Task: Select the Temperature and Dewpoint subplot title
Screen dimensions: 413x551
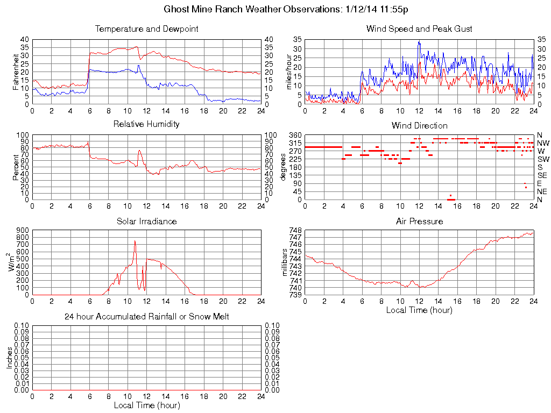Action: pos(146,29)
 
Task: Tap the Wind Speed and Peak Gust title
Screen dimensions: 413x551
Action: pos(419,29)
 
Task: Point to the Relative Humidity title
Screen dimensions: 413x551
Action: pos(146,124)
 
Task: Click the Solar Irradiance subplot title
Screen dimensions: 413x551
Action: pos(146,221)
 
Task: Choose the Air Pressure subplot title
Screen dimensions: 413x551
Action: pos(419,221)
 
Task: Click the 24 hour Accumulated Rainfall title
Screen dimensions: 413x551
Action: pos(146,317)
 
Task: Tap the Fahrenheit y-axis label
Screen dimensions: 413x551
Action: pos(16,71)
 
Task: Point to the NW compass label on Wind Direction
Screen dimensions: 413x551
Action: pos(543,143)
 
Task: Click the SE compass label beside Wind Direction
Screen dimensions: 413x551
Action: pos(542,175)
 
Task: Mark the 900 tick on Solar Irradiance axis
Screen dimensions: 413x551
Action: pos(22,231)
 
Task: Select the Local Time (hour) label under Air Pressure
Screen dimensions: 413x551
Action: pos(419,310)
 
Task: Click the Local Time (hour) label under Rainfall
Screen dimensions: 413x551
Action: pos(146,405)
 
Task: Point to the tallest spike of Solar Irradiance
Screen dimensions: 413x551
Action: pos(135,241)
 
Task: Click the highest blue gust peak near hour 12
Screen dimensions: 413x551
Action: pos(419,41)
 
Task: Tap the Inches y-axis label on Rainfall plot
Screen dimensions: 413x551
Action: pos(9,357)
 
